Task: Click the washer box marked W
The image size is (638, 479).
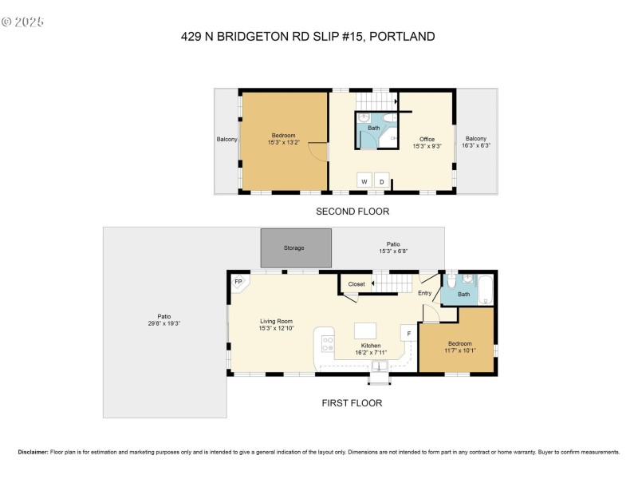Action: point(364,181)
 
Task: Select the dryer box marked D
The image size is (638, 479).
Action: point(382,181)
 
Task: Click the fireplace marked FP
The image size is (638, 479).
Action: point(238,282)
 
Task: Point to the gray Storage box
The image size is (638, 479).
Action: point(295,247)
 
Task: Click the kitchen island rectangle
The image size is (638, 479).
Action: point(365,331)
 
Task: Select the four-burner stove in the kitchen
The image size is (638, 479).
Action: point(328,344)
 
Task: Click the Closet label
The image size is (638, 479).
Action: point(356,283)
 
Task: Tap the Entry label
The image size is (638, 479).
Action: point(424,293)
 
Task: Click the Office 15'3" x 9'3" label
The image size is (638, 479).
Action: point(427,142)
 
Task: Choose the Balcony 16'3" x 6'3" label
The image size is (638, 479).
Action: point(476,141)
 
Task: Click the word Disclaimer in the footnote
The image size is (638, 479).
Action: point(33,452)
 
